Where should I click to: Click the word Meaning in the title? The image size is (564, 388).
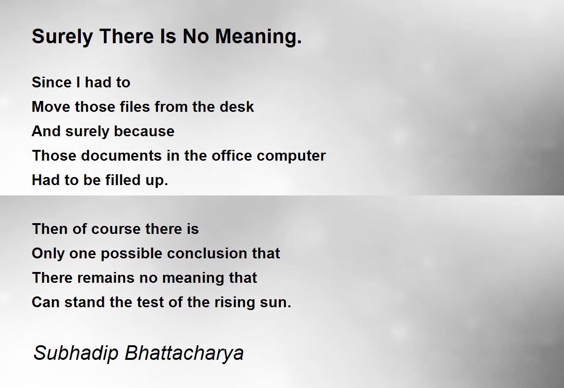[258, 37]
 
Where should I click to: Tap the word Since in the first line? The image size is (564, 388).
[52, 82]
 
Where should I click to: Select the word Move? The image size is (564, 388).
[51, 107]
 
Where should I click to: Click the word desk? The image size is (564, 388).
[236, 107]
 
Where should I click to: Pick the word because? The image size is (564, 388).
[144, 131]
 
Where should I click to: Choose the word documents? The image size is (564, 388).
[121, 155]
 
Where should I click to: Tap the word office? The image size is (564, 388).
[232, 155]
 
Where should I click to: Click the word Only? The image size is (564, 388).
[48, 254]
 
